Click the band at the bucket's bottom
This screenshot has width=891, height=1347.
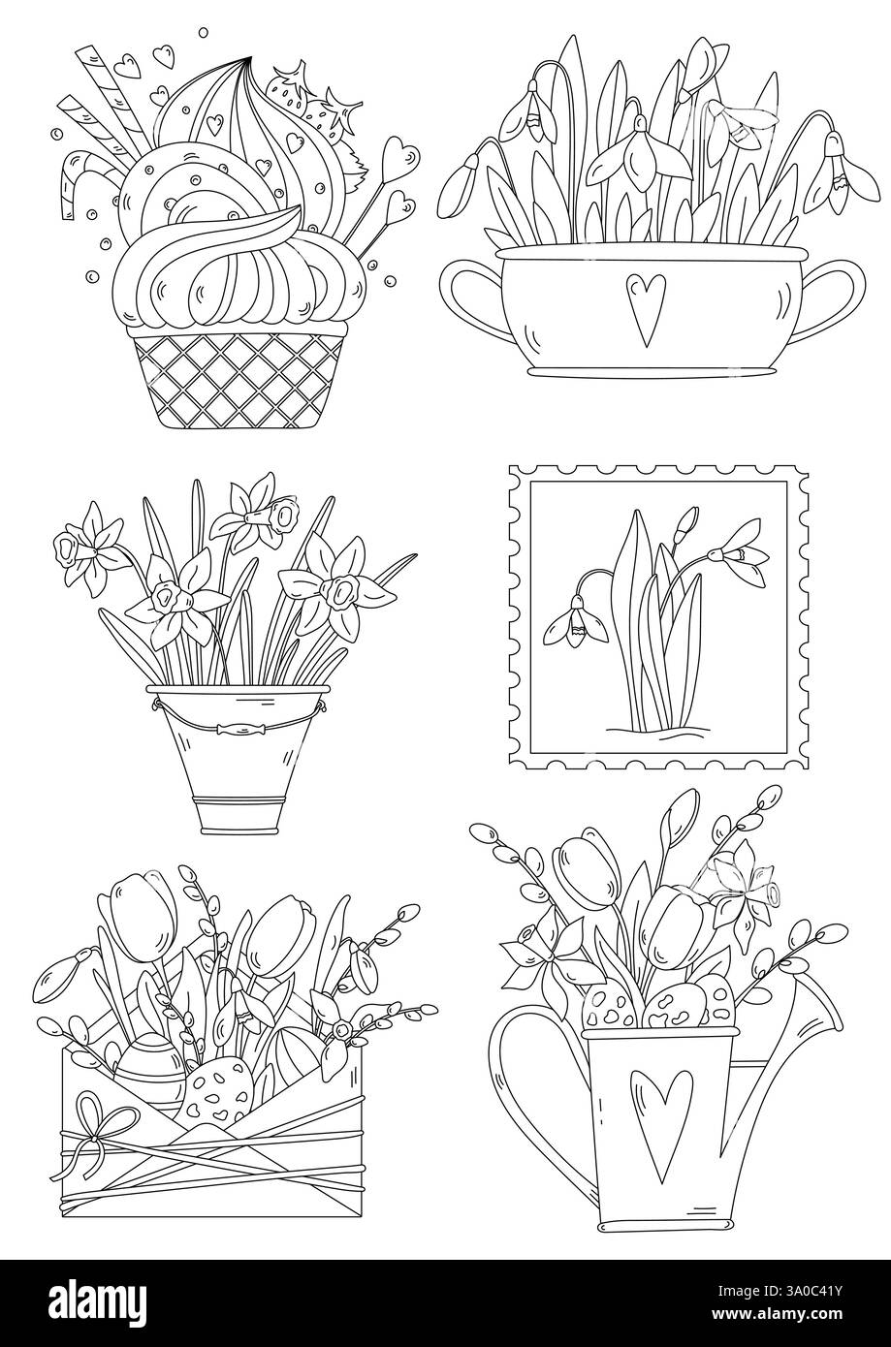tap(228, 801)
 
